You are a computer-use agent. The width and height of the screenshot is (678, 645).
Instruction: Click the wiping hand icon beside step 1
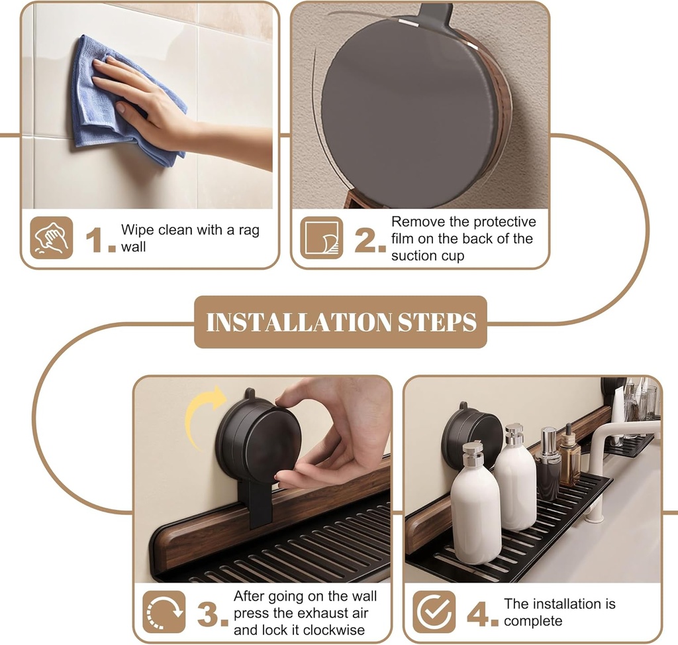point(52,238)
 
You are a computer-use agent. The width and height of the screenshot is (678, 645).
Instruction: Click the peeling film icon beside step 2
point(322,238)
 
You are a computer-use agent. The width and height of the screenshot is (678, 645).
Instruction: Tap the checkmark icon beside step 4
point(434,612)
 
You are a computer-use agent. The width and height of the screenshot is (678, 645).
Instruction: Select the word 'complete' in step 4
point(533,621)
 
